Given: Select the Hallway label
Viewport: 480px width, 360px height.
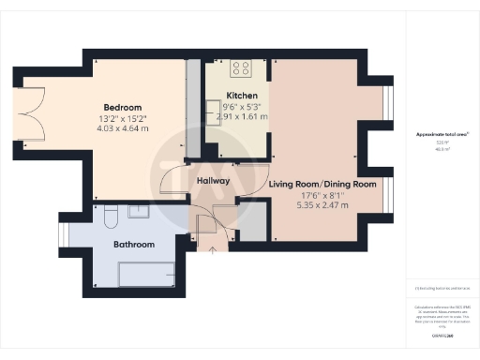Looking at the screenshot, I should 215,180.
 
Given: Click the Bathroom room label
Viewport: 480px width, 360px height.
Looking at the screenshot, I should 134,245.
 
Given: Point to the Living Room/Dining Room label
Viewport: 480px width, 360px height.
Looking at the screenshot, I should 322,185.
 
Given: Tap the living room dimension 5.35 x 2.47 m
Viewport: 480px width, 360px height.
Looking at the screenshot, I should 322,205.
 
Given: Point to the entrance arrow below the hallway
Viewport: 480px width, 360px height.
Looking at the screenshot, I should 212,250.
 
